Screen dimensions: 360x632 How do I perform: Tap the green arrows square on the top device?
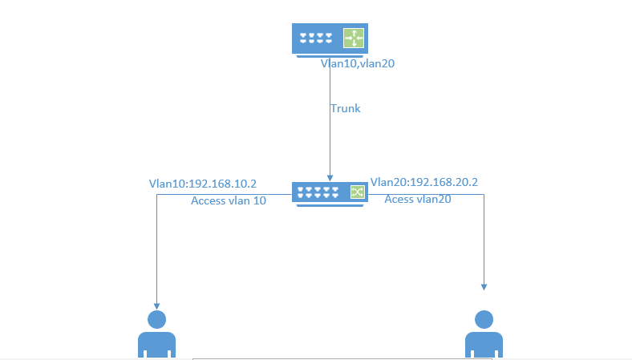coord(354,38)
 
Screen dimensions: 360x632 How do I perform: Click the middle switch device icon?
coord(330,193)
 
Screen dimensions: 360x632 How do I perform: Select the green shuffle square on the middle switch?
coord(357,192)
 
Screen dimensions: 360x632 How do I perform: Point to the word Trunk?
coord(346,108)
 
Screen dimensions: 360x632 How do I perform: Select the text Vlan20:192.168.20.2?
coord(423,182)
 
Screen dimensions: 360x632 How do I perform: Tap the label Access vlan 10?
coord(229,200)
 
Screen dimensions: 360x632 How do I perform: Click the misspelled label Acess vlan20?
coord(417,199)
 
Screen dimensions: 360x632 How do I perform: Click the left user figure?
coord(156,336)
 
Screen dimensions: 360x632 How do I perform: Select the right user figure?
coord(484,336)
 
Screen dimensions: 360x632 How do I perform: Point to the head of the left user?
coord(156,319)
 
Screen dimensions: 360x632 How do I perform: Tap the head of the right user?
coord(484,319)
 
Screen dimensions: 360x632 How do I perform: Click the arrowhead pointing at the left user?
coord(156,305)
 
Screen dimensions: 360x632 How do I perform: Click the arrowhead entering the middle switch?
coord(329,177)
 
